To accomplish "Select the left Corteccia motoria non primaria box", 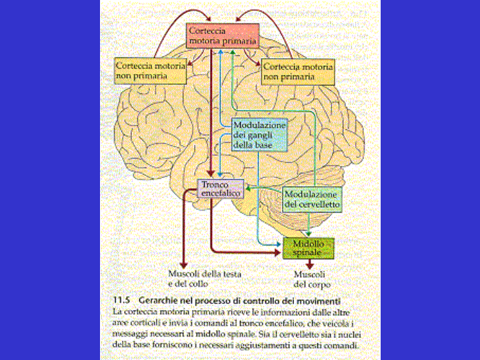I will coord(150,71).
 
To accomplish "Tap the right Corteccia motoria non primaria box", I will coord(297,71).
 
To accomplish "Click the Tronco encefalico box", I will coord(220,189).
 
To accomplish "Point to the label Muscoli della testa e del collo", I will coord(204,279).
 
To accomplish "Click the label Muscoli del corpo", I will coord(309,279).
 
